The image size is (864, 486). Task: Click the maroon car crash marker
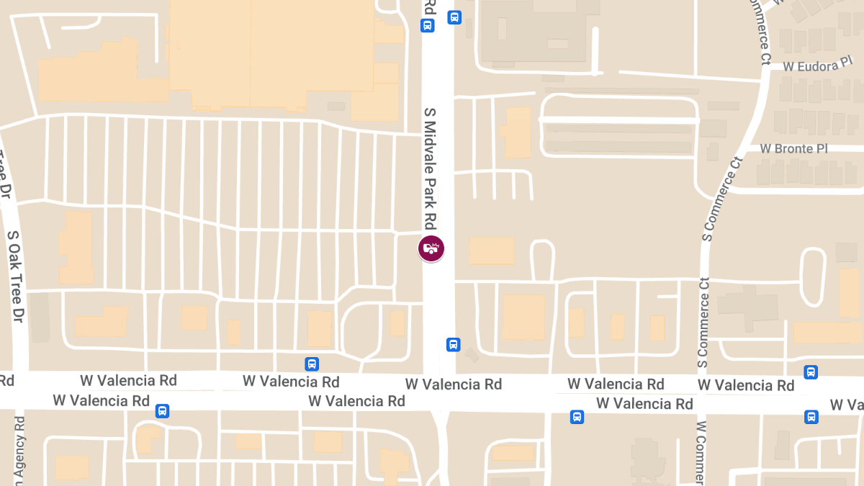pos(431,248)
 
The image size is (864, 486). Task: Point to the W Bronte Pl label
pos(794,148)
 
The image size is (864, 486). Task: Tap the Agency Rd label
pos(19,450)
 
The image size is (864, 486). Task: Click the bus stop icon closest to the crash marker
pos(453,344)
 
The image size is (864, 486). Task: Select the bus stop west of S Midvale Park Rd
pos(428,26)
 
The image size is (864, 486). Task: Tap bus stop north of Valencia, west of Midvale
pos(312,364)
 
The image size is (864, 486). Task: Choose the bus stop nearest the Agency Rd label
pos(163,411)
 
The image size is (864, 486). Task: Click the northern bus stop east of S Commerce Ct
pos(811,372)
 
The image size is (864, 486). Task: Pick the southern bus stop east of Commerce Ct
pos(811,417)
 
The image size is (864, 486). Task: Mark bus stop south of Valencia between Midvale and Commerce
pos(577,417)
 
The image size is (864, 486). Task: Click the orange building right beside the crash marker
pos(492,251)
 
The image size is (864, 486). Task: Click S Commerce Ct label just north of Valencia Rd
pos(705,321)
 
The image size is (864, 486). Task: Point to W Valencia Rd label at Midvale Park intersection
pos(453,384)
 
